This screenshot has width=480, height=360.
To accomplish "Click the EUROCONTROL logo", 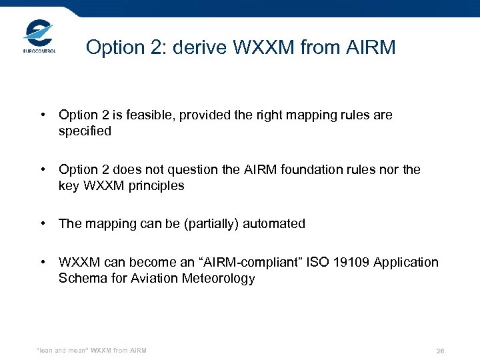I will pos(39,36).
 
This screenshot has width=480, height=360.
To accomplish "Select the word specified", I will pos(85,131).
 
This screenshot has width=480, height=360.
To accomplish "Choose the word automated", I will pos(272,224).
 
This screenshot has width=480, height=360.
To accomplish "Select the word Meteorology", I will pos(218,279).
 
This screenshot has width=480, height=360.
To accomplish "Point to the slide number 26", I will pos(440,351).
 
